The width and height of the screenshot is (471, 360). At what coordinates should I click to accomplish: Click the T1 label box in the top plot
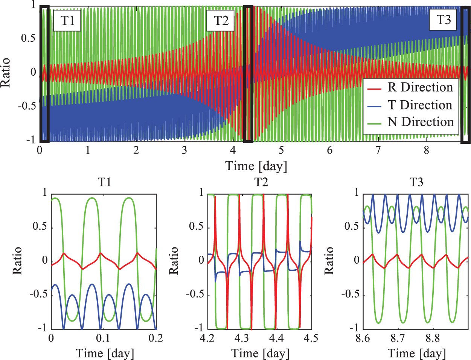pyautogui.click(x=68, y=20)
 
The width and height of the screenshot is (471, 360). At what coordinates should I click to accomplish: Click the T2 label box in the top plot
pyautogui.click(x=221, y=20)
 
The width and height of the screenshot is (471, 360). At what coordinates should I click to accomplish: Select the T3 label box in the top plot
pyautogui.click(x=443, y=20)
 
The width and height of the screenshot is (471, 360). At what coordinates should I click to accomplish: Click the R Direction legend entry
pyautogui.click(x=420, y=87)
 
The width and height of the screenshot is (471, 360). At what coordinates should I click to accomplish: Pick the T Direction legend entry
pyautogui.click(x=420, y=105)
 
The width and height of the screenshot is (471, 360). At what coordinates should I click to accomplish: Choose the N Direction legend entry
pyautogui.click(x=421, y=122)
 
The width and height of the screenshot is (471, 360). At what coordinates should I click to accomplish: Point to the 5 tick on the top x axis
pyautogui.click(x=281, y=150)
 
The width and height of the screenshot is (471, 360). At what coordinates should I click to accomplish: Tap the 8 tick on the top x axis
pyautogui.click(x=426, y=150)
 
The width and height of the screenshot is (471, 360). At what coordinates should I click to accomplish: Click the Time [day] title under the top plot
pyautogui.click(x=256, y=166)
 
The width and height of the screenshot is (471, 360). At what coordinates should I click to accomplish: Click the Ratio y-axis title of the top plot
pyautogui.click(x=6, y=73)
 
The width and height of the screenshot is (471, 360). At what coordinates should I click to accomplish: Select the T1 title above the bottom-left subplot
pyautogui.click(x=104, y=182)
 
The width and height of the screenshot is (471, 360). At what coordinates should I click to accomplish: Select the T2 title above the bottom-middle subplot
pyautogui.click(x=261, y=182)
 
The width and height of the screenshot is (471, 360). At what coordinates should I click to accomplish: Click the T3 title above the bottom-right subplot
pyautogui.click(x=416, y=182)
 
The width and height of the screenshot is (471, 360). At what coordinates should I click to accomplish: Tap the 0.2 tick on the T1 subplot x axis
pyautogui.click(x=155, y=338)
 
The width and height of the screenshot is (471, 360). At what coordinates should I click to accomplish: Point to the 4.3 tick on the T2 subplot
pyautogui.click(x=242, y=338)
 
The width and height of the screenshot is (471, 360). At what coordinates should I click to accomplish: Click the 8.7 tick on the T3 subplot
pyautogui.click(x=398, y=338)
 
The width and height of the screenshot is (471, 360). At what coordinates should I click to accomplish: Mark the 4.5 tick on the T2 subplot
pyautogui.click(x=311, y=338)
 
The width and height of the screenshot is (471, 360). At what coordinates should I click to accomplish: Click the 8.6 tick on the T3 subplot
pyautogui.click(x=363, y=338)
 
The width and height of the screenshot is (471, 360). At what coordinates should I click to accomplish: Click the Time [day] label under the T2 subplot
pyautogui.click(x=261, y=354)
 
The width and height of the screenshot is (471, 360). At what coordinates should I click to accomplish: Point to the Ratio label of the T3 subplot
pyautogui.click(x=329, y=261)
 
